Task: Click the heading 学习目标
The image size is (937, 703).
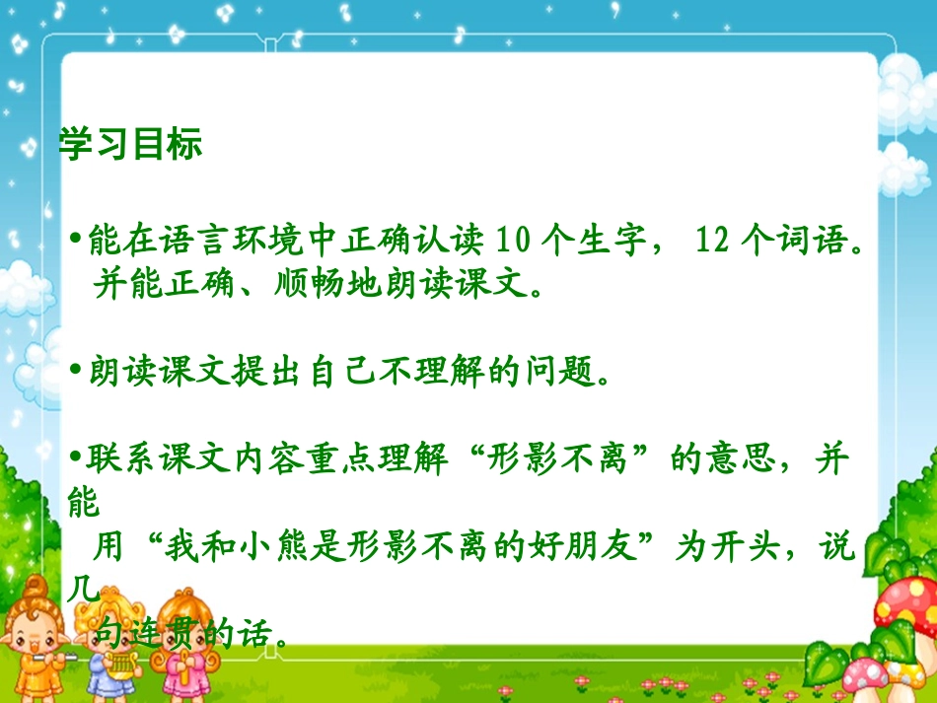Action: (x=130, y=144)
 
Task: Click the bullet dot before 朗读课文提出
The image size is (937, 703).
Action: (x=77, y=373)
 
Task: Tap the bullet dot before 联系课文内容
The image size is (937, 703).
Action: (x=77, y=461)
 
